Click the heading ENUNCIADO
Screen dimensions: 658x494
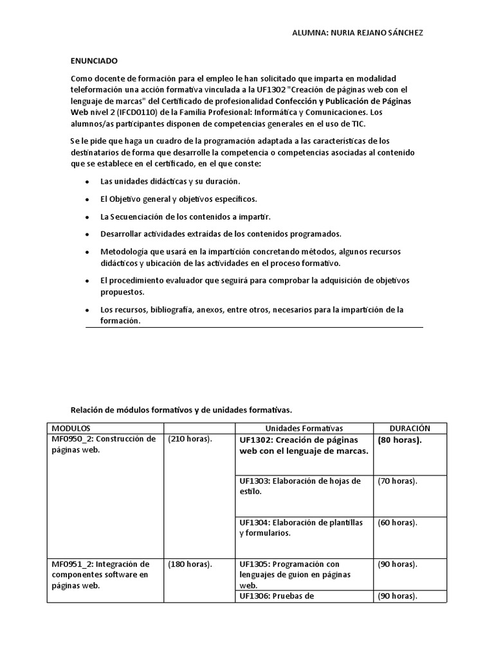click(94, 61)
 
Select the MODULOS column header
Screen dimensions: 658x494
click(71, 428)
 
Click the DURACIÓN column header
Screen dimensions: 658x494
click(410, 428)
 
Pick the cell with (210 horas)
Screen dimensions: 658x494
click(190, 440)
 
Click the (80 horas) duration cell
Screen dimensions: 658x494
click(399, 440)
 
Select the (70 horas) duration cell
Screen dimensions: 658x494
click(397, 481)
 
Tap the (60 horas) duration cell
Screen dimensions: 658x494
click(397, 522)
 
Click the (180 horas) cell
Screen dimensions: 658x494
click(190, 564)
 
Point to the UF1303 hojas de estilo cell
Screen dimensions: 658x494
click(300, 486)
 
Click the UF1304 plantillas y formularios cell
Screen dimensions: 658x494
click(300, 528)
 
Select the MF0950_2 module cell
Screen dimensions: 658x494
click(104, 445)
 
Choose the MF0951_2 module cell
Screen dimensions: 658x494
click(104, 574)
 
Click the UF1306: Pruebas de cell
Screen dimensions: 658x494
click(277, 596)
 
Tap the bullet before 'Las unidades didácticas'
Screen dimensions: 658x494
click(87, 182)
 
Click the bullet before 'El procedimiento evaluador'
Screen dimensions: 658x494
click(87, 281)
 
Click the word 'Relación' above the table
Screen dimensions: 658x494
click(87, 409)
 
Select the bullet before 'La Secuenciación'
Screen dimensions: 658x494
click(87, 217)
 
